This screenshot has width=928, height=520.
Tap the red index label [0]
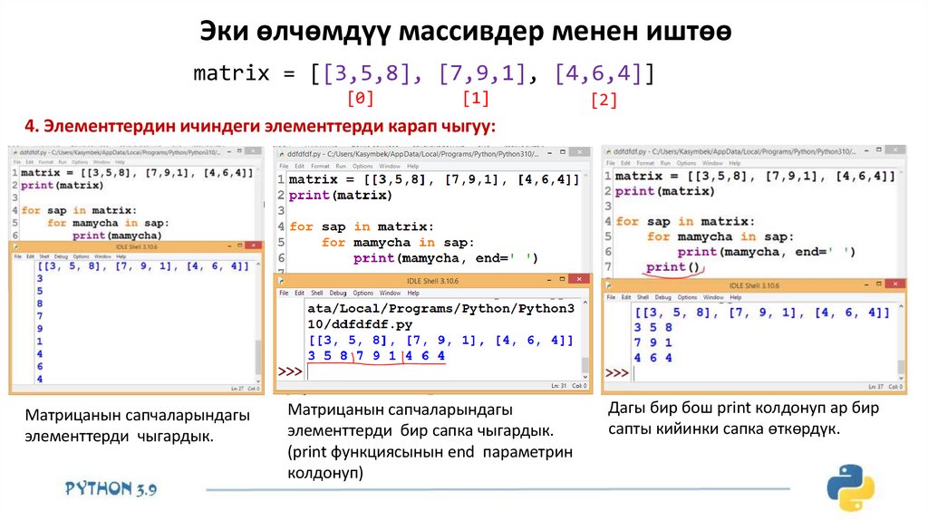[361, 97]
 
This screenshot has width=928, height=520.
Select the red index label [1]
[476, 97]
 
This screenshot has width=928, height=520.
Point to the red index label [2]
[603, 101]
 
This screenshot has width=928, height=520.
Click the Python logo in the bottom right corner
[850, 487]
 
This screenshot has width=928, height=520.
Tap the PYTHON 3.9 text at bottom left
[111, 488]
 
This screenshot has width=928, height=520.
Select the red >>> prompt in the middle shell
[290, 372]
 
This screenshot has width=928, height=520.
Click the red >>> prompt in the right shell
[617, 371]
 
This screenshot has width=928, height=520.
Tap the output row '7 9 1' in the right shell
[652, 342]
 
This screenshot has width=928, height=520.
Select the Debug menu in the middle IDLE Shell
[338, 293]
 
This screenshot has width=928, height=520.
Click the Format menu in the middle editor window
[319, 166]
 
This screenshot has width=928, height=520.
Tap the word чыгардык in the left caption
[176, 438]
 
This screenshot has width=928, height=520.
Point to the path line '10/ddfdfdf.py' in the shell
[361, 323]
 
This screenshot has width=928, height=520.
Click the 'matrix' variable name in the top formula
[232, 73]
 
